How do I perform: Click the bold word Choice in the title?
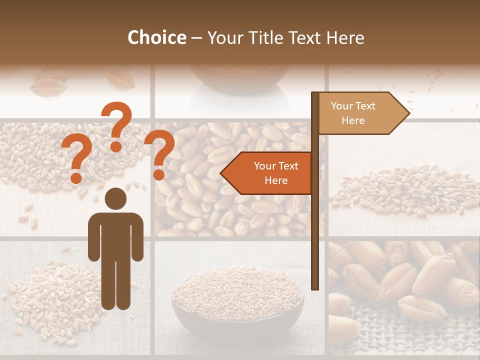[x=156, y=37]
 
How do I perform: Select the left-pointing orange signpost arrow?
[x=267, y=173]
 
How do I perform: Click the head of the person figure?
[x=115, y=198]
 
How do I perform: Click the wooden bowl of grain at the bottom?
[x=238, y=300]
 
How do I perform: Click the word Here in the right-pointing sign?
[x=353, y=120]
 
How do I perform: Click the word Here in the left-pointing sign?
[x=276, y=180]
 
